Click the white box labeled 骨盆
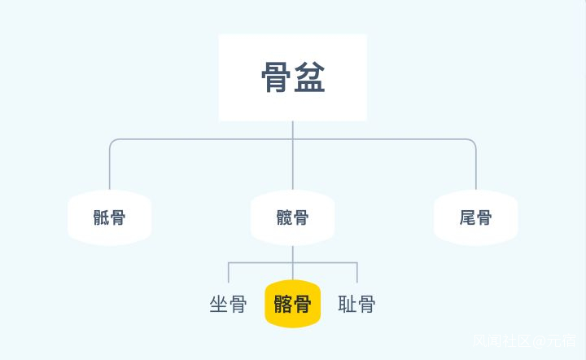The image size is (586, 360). tap(292, 77)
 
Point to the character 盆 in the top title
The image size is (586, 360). tap(310, 78)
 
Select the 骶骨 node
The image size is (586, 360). tap(110, 217)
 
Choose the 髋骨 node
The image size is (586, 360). tap(292, 217)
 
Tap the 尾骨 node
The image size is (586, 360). tap(475, 217)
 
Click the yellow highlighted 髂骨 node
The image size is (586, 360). tap(292, 305)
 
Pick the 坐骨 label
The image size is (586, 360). tap(228, 305)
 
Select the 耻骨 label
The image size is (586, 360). tap(356, 305)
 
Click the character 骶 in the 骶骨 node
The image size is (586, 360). tap(101, 217)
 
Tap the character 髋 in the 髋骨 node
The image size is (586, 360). tap(283, 217)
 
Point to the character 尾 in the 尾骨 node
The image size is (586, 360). tap(466, 217)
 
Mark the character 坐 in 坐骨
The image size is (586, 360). tap(218, 305)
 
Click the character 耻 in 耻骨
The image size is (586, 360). tap(347, 305)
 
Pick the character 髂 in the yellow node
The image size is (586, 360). tap(282, 305)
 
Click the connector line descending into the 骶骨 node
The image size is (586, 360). tap(110, 167)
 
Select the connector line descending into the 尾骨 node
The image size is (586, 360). tap(475, 167)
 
